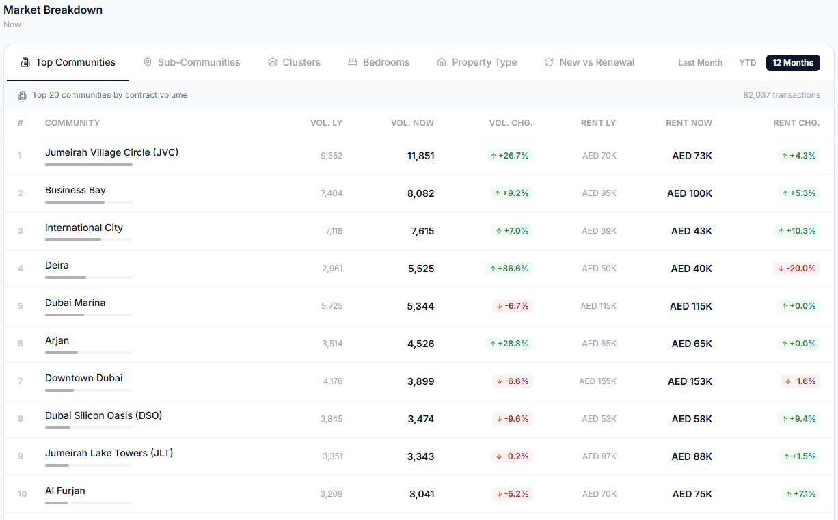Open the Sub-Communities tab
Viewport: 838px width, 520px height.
[x=191, y=62]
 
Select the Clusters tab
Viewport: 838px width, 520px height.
[x=294, y=62]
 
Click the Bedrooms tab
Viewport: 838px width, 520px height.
[x=379, y=62]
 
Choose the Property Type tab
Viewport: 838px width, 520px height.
[x=477, y=62]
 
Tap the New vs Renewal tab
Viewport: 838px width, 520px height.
[x=589, y=62]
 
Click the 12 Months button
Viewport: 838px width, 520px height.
[x=793, y=62]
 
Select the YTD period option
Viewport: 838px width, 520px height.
[x=748, y=62]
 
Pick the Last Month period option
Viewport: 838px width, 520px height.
[x=700, y=62]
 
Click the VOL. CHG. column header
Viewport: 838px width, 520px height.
[x=511, y=123]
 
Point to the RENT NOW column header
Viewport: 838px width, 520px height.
[x=689, y=123]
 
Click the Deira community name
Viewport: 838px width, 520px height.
[x=57, y=265]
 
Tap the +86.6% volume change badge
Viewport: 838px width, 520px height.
[x=509, y=269]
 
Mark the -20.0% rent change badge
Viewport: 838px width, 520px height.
[x=797, y=269]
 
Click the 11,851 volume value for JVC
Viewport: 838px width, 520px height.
[x=420, y=156]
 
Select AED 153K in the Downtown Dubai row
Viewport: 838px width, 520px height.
[x=690, y=381]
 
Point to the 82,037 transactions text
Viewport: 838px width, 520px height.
[x=781, y=95]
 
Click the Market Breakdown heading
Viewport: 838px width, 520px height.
[x=53, y=10]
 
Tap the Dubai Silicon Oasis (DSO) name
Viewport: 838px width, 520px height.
[x=103, y=415]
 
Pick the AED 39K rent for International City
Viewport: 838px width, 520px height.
[x=599, y=231]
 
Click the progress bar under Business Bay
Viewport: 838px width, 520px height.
[x=89, y=202]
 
